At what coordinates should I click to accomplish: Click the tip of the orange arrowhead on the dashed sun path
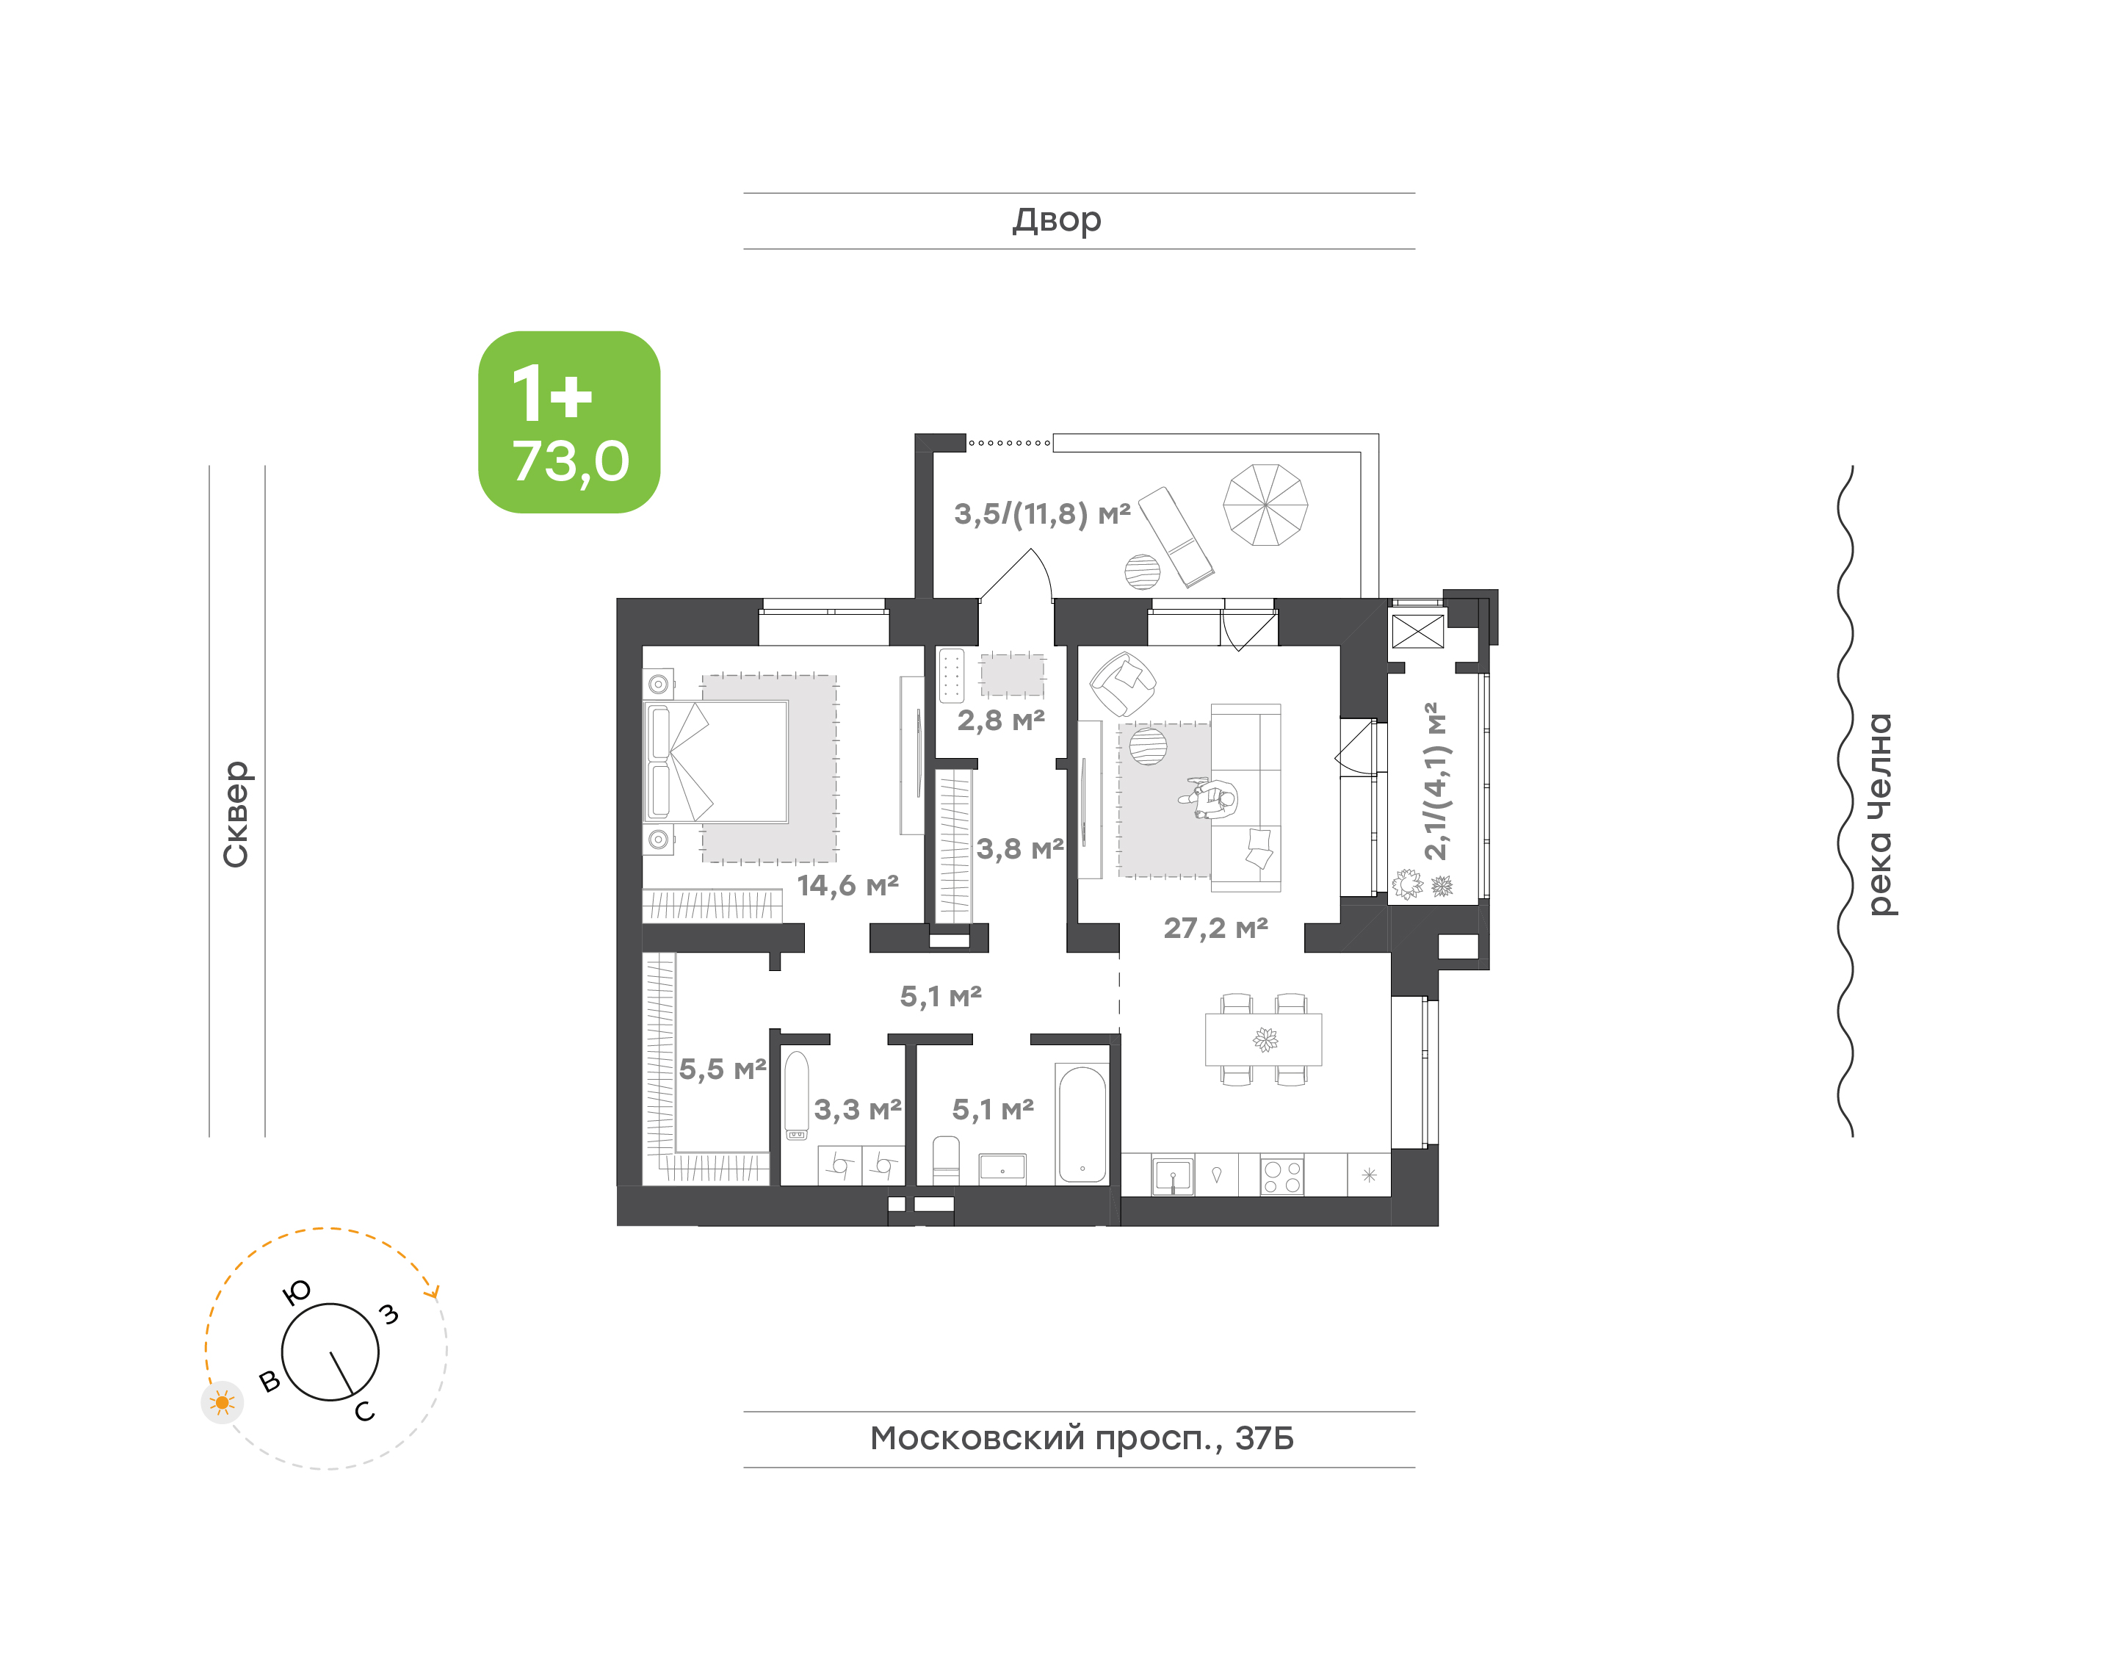point(436,1299)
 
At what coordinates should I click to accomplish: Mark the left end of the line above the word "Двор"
point(744,193)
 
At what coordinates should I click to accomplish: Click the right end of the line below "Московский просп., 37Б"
point(1415,1468)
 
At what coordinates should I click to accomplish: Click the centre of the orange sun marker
point(223,1402)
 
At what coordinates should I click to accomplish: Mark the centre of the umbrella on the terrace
point(1265,505)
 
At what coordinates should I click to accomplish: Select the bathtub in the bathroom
point(1081,1125)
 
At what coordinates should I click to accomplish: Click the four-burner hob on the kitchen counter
point(1281,1176)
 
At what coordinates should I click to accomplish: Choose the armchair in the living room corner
point(1122,683)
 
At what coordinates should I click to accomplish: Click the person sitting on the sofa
point(1210,799)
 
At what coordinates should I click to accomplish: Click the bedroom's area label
point(847,885)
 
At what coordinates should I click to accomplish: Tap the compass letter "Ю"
point(296,1292)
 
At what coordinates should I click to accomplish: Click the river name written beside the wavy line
point(1881,815)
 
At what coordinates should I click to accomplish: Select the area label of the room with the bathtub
point(992,1109)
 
